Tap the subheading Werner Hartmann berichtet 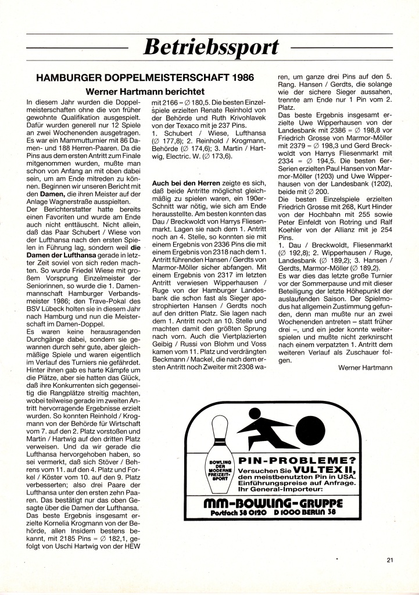[145, 91]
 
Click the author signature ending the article [364, 367]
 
